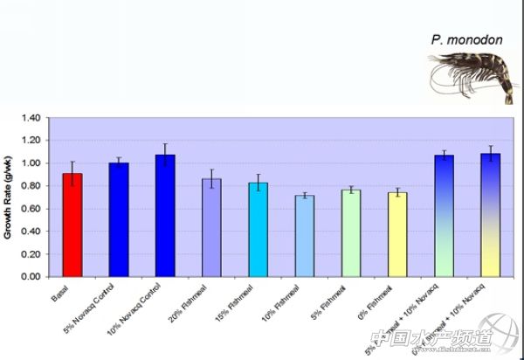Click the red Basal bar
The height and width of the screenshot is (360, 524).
tap(72, 225)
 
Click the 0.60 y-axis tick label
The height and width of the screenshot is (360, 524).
tap(31, 209)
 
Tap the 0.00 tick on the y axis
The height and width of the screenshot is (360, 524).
tap(31, 277)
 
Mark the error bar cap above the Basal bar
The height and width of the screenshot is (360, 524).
tap(72, 162)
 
